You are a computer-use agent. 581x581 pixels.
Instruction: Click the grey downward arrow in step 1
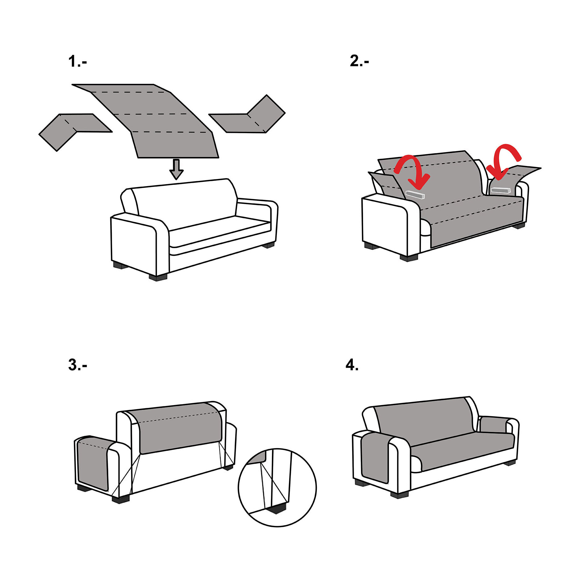177,169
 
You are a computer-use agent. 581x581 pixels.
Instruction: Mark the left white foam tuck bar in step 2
415,194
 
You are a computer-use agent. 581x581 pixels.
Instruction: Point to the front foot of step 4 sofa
400,494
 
